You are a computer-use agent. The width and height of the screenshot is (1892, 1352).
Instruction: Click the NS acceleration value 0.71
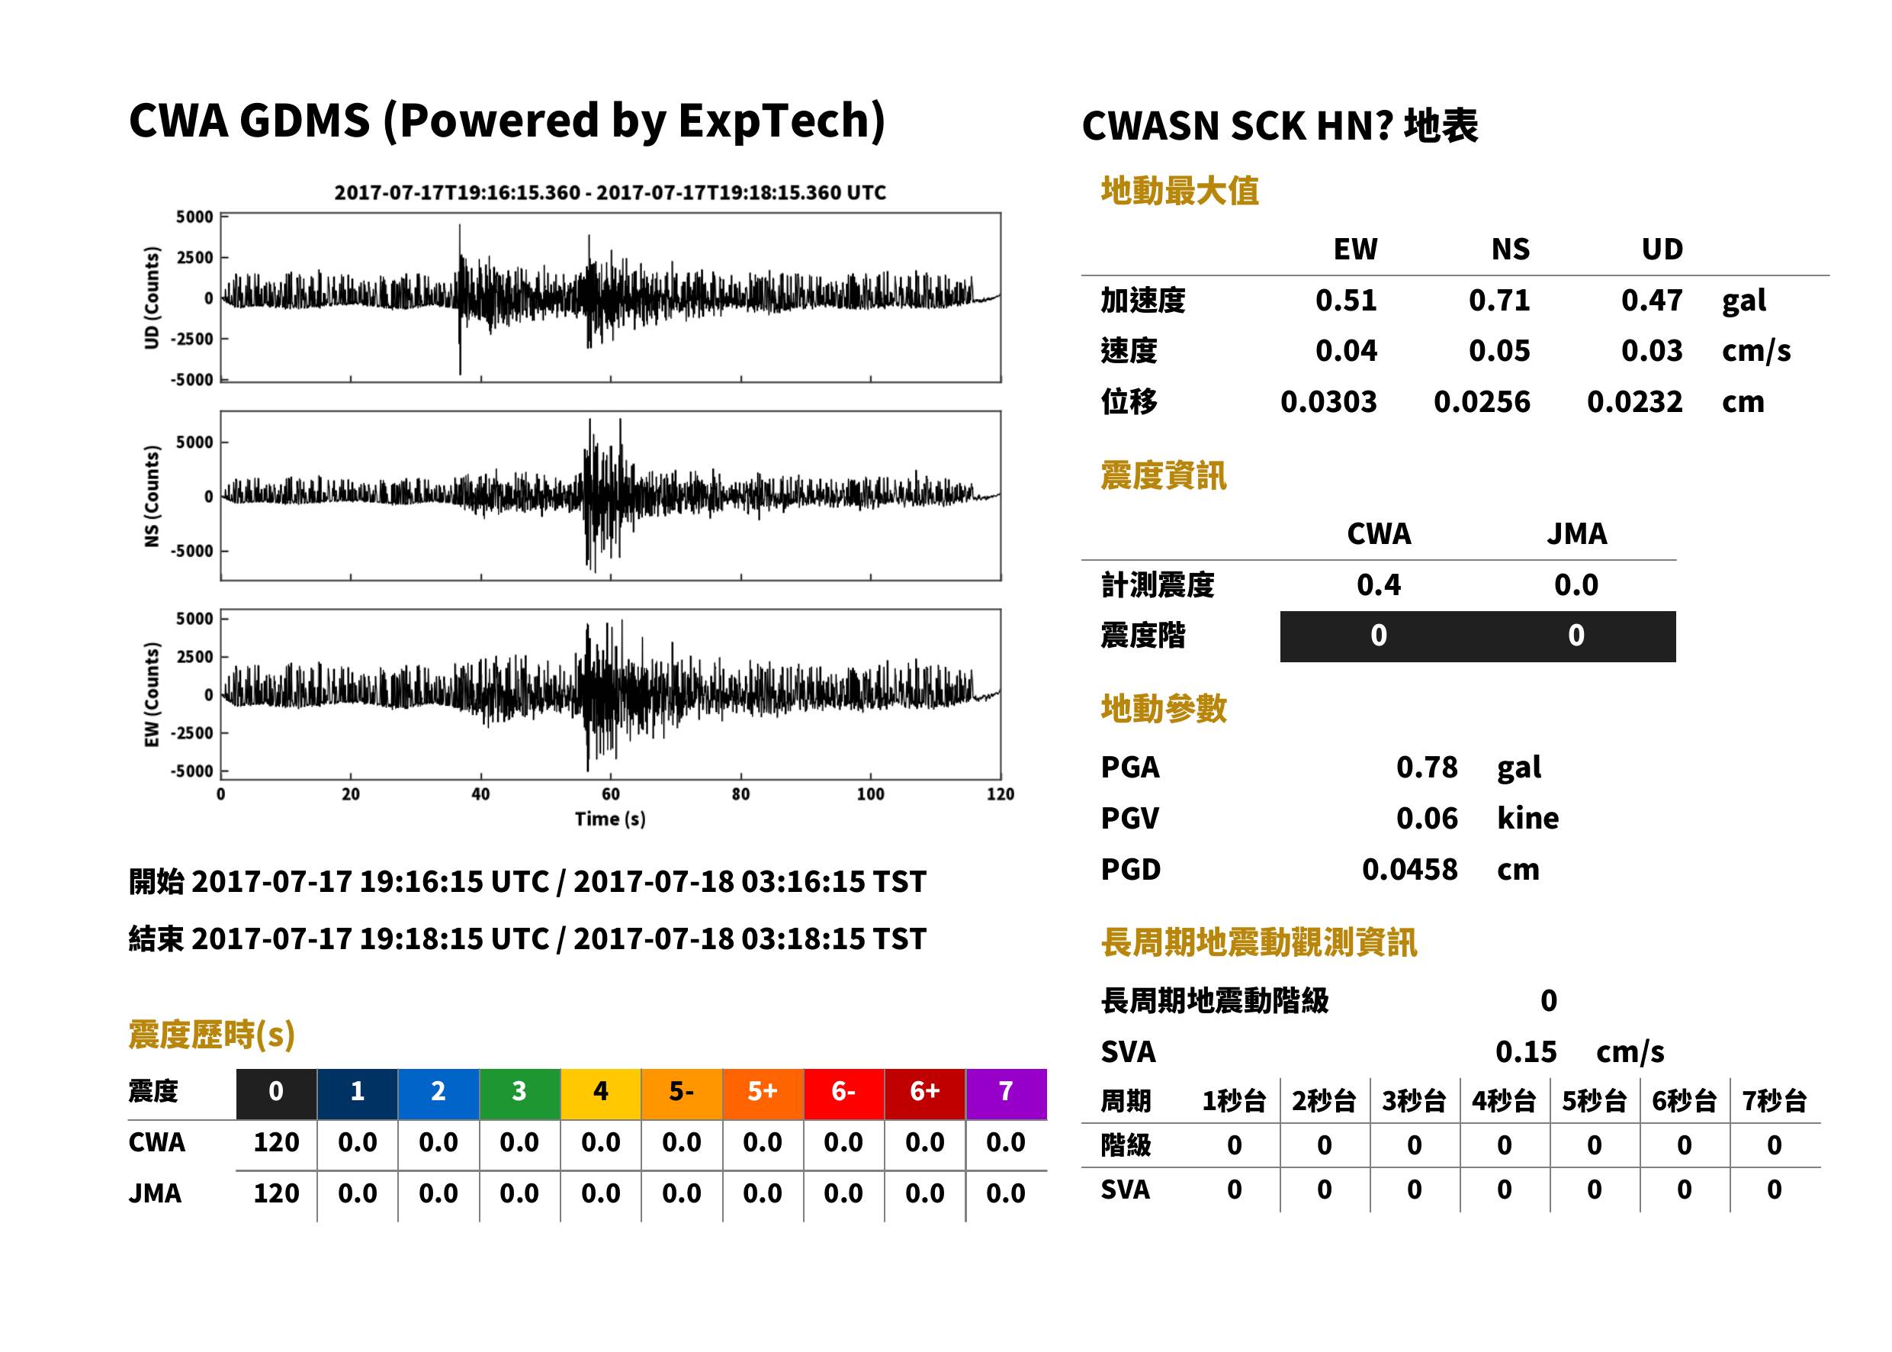[x=1499, y=300]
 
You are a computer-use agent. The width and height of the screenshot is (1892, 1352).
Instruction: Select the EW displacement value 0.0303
[x=1328, y=401]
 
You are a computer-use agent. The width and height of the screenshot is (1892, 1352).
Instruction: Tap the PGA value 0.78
[x=1426, y=767]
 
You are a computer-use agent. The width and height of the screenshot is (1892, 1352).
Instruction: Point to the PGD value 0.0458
[x=1409, y=869]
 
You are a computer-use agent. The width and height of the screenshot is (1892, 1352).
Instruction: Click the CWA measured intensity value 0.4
[x=1378, y=584]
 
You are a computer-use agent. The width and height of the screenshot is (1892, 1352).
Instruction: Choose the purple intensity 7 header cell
[x=1006, y=1093]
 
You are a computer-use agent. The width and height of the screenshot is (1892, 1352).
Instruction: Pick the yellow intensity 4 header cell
[x=601, y=1093]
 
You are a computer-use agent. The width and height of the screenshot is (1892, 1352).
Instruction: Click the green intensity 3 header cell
[x=519, y=1093]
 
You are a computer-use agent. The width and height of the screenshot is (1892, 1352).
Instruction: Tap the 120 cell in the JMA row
[x=276, y=1193]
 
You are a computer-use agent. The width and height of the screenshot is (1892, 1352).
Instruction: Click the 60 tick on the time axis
[x=611, y=794]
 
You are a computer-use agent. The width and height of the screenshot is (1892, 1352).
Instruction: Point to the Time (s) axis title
[x=610, y=819]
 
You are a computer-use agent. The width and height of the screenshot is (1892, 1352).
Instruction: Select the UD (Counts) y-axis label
[x=152, y=298]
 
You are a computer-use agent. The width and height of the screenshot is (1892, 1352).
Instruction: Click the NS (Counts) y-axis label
[x=152, y=496]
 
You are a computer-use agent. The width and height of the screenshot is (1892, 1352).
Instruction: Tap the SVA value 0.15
[x=1525, y=1051]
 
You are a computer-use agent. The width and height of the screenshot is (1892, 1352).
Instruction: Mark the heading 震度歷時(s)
[x=211, y=1035]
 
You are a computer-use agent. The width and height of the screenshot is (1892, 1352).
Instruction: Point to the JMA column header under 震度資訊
[x=1577, y=533]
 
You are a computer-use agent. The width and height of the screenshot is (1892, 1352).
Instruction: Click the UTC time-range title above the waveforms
[x=610, y=192]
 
